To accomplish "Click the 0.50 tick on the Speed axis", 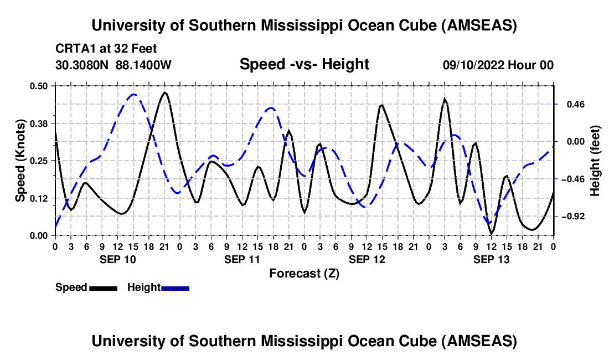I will [40, 85].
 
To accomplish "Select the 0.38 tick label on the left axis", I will [40, 123].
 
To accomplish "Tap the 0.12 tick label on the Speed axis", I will [40, 198].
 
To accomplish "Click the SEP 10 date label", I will [117, 259].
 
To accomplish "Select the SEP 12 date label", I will [367, 259].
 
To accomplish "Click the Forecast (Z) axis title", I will [304, 273].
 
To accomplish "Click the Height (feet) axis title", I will [596, 160].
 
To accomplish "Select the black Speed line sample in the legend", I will [102, 288].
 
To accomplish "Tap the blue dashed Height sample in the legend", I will [175, 288].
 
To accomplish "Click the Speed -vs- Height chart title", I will [304, 65].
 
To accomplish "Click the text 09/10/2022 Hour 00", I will [498, 65].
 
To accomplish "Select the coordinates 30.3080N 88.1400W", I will [113, 65].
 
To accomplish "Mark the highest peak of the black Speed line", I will [164, 92].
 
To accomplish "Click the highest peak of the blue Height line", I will [133, 94].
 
